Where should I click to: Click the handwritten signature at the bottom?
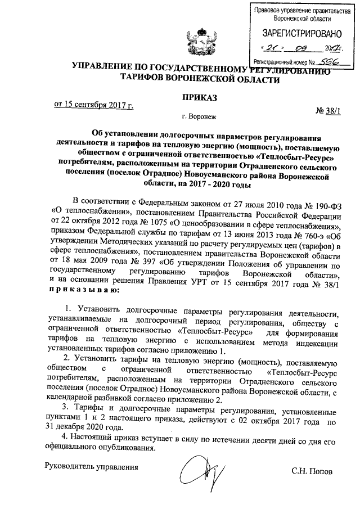pos(200,470)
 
